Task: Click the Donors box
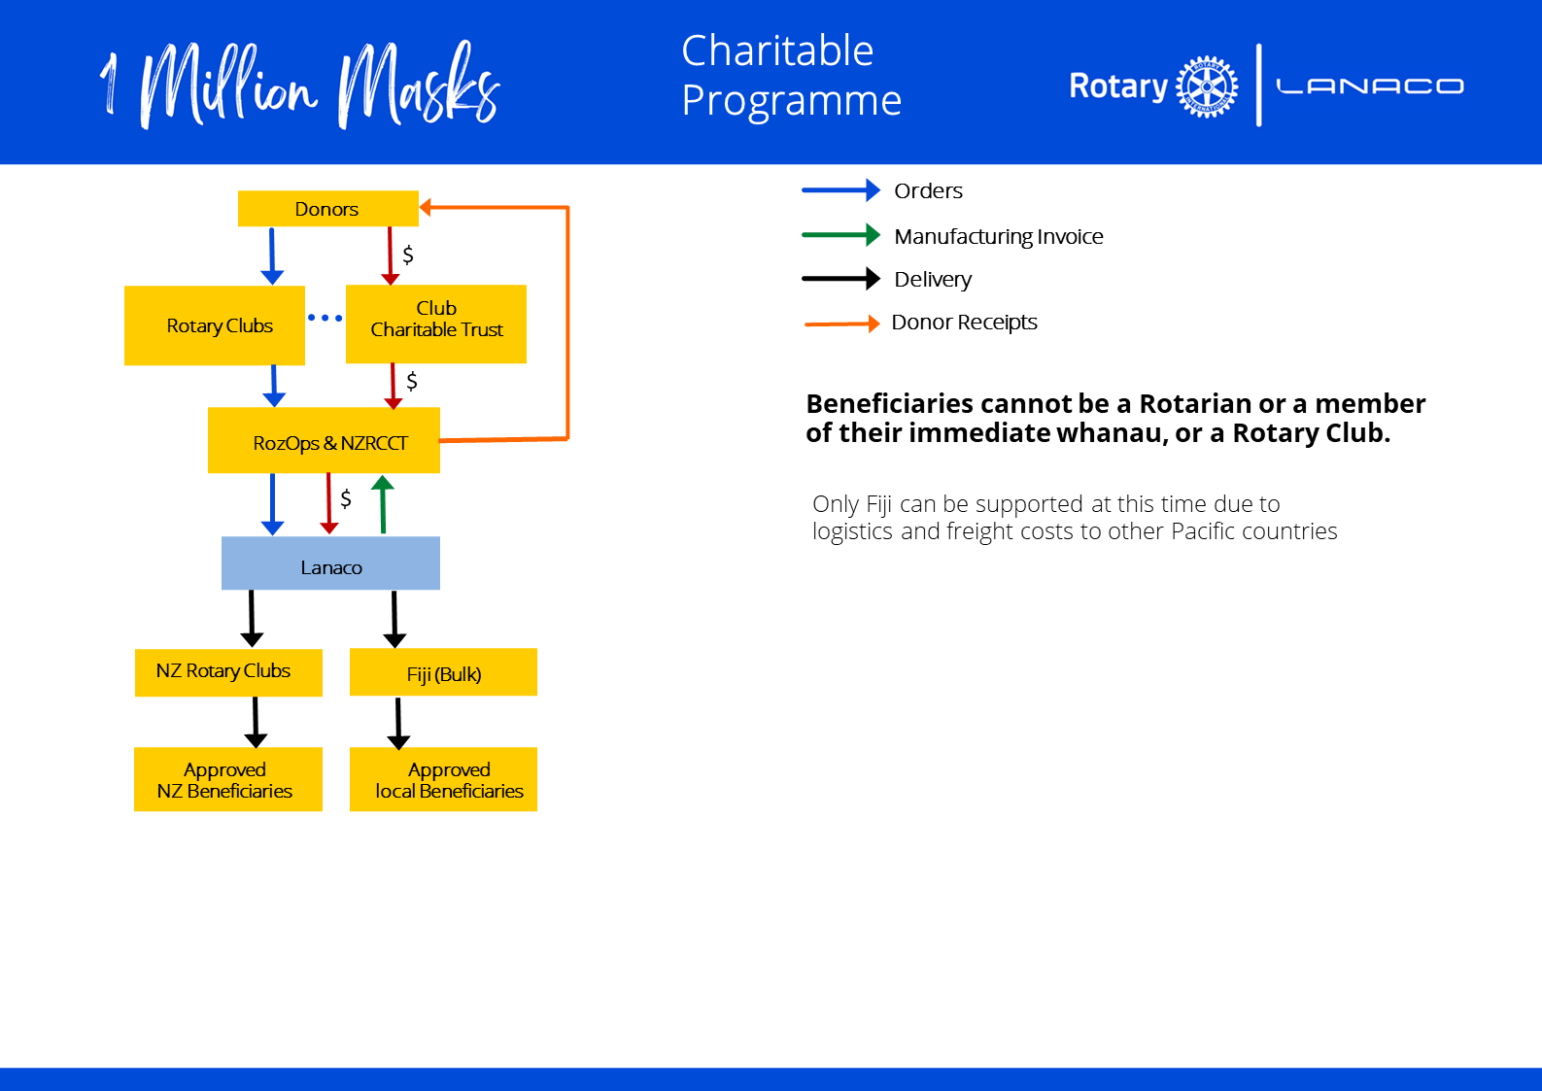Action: pos(327,209)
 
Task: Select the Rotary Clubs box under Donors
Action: pos(215,325)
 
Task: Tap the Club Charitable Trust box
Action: pos(436,324)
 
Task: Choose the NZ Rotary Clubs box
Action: pos(228,672)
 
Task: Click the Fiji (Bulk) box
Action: pos(443,672)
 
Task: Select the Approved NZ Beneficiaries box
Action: pos(228,779)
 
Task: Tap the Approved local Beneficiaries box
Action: pos(443,779)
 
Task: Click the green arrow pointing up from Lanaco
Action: pos(383,504)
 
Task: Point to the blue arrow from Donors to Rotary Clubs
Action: pos(272,256)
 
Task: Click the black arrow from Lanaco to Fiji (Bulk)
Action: pos(394,618)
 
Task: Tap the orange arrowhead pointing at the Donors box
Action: pos(427,207)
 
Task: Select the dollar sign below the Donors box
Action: pos(408,255)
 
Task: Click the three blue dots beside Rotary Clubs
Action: pos(325,318)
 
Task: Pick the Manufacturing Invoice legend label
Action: pos(998,236)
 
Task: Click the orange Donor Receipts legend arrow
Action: pos(841,324)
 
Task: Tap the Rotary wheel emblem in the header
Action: pos(1207,86)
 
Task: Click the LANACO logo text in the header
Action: pos(1369,86)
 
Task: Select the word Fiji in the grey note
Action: pos(878,504)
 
